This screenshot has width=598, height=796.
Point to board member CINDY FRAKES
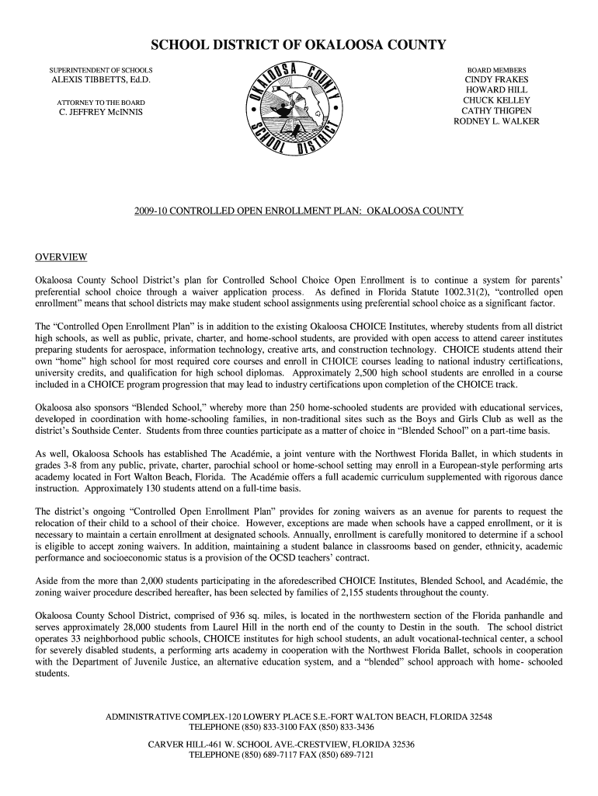click(496, 80)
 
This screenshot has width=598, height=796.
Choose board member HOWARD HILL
click(496, 90)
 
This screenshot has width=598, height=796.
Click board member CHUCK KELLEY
click(496, 100)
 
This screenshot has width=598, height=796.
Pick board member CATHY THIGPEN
click(496, 110)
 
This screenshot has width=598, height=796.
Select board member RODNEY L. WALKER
click(496, 121)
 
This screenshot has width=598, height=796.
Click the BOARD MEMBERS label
click(496, 70)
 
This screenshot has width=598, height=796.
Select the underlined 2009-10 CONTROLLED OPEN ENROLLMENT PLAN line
click(298, 211)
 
